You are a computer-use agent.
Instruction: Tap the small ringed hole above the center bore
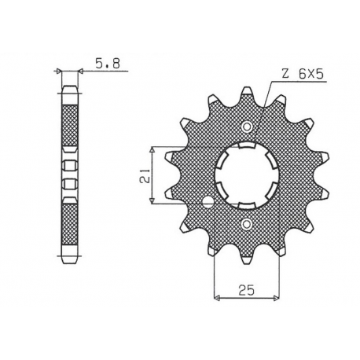click(248, 126)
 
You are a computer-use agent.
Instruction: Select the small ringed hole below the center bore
click(248, 225)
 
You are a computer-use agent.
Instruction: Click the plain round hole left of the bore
click(208, 203)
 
